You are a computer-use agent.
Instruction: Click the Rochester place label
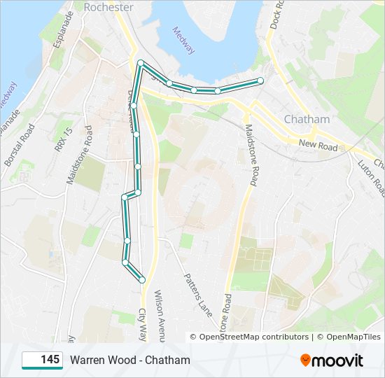[108, 7]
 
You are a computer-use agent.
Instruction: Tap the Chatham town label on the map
[307, 120]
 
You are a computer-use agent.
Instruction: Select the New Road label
[318, 144]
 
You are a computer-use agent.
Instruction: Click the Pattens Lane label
[197, 293]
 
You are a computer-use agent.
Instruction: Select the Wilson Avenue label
[160, 316]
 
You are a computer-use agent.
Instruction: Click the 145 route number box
[43, 360]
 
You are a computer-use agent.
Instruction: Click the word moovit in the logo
[338, 360]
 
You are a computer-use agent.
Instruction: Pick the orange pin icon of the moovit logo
[306, 360]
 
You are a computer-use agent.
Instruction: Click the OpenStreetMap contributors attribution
[254, 337]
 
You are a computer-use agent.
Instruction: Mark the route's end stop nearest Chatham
[260, 80]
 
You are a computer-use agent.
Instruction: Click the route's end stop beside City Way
[142, 279]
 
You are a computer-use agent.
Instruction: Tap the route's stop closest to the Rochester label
[141, 64]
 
